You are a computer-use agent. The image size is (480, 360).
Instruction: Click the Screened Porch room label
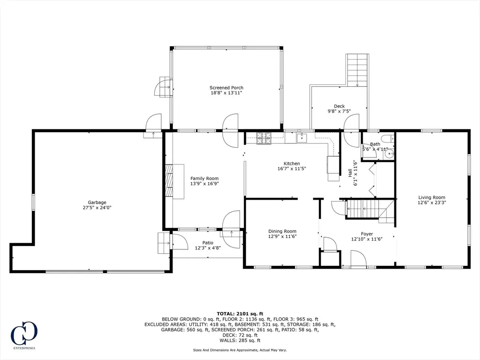226,88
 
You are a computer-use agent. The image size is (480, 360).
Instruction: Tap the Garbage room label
97,202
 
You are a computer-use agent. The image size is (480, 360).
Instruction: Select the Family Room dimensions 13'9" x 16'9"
204,184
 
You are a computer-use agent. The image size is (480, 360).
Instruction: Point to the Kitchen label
292,164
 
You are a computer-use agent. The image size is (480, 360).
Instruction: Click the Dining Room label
282,232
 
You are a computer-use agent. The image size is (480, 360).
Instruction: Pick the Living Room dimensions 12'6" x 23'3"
432,202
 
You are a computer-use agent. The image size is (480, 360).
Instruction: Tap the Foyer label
367,234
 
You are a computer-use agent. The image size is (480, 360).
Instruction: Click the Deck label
339,106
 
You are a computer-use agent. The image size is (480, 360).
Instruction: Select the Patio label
208,243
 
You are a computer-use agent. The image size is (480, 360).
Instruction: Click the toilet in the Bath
388,138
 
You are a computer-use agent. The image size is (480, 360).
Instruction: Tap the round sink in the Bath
389,154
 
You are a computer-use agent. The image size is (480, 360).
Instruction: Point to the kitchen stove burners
264,138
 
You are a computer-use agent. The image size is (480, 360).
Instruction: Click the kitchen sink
301,138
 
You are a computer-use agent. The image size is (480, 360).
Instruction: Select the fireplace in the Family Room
169,181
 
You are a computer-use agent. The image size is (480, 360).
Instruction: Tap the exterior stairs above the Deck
357,70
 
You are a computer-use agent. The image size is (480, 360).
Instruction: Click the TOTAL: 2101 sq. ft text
240,314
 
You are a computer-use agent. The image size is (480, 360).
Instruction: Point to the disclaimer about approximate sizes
240,350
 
